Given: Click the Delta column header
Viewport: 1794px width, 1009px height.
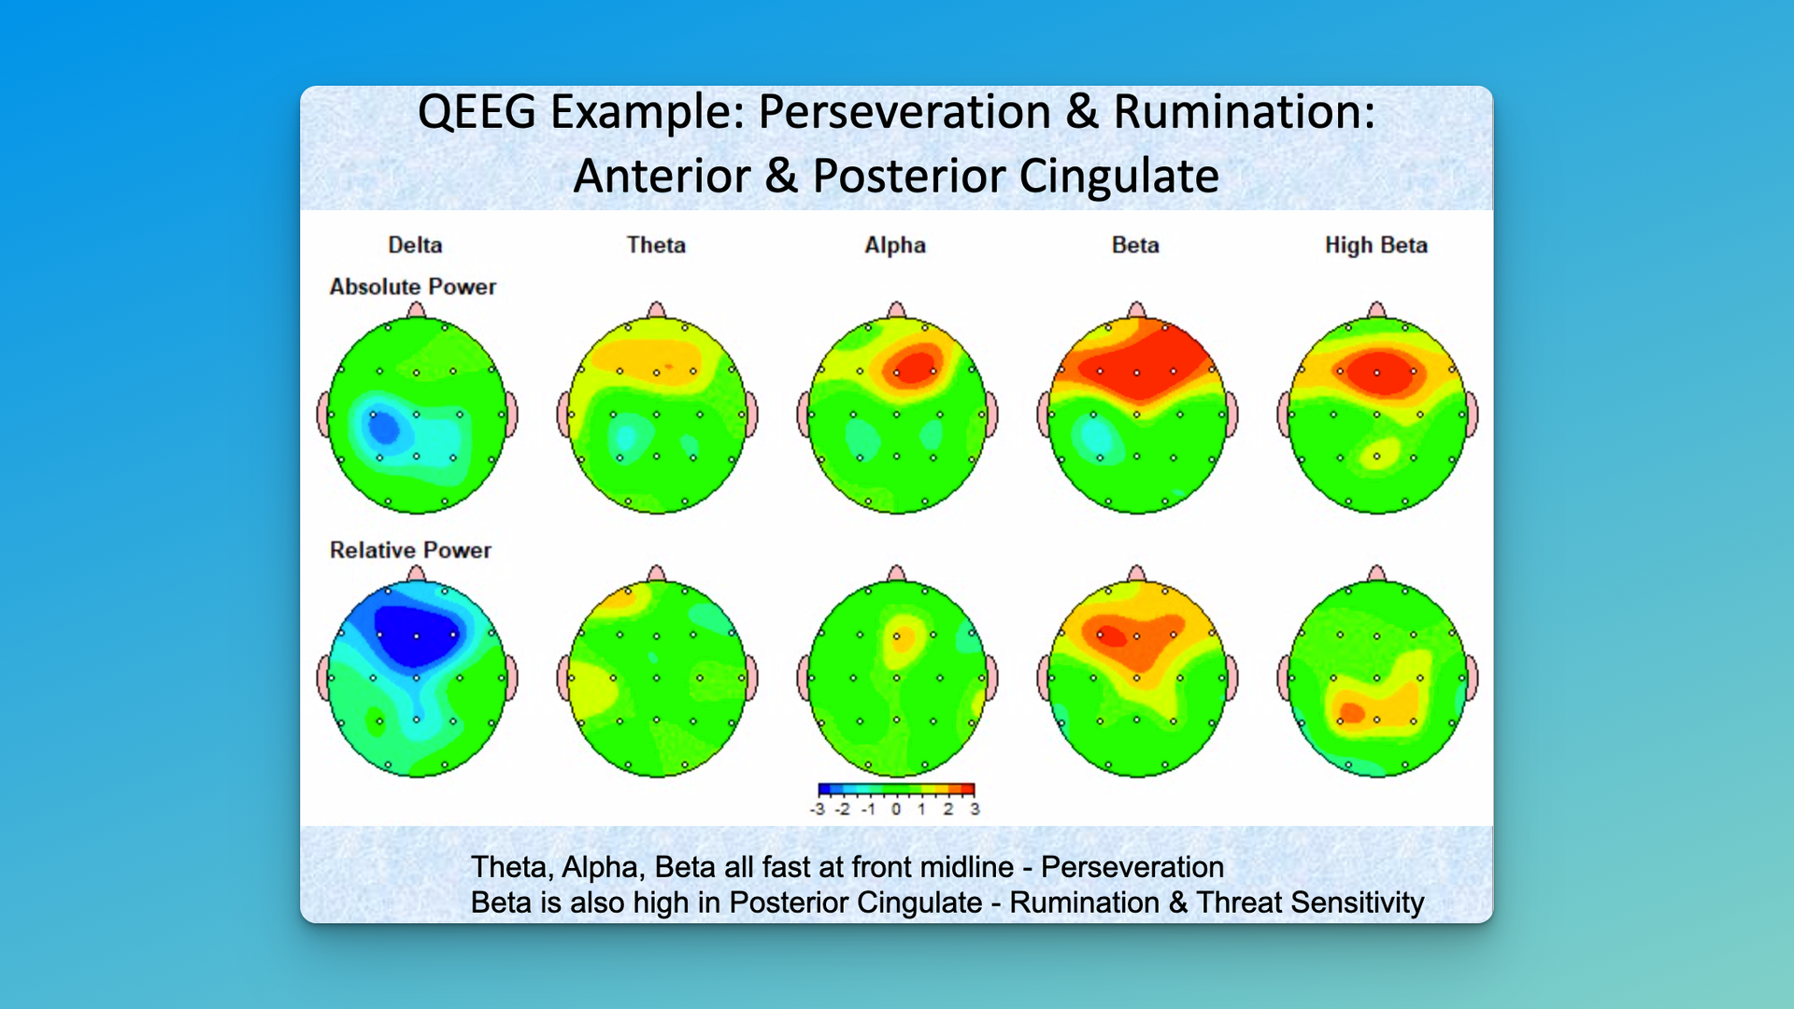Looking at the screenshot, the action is pos(415,245).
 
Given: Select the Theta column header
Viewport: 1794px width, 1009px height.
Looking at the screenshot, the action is pos(656,245).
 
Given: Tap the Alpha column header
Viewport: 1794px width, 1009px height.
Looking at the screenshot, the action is pos(895,246).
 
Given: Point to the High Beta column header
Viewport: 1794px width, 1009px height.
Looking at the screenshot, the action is pos(1376,246).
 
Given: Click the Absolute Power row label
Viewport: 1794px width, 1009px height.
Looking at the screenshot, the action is pos(413,287).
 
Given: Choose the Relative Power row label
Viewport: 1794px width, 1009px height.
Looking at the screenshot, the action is pos(410,550).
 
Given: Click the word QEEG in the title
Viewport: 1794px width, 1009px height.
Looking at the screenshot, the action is pos(477,112).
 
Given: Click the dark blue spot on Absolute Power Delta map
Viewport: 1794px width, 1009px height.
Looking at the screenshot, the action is pos(383,428).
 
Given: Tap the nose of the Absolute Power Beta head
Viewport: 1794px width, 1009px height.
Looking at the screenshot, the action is pos(1136,310).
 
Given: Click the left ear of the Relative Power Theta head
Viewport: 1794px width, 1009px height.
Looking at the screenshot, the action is pos(563,678).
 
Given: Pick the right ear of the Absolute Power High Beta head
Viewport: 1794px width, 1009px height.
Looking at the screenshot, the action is pos(1472,415).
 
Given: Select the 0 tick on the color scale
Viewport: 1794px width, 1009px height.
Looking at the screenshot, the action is pos(896,809).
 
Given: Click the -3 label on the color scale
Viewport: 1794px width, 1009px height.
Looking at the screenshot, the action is pos(818,809).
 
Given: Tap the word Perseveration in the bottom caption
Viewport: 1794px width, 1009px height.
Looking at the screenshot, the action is pos(1132,867).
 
